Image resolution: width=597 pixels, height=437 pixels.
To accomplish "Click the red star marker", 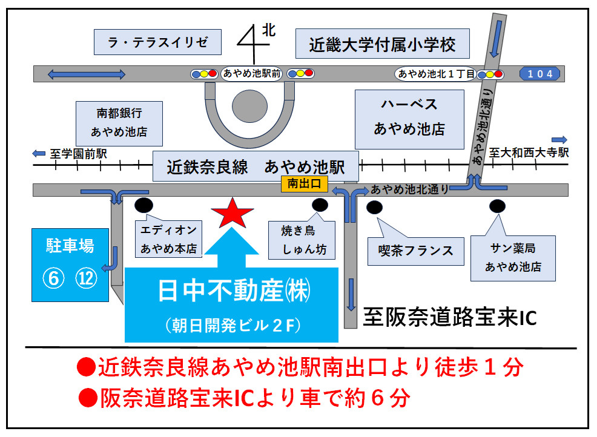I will pos(232,212).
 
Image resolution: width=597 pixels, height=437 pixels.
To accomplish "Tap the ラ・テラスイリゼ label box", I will pos(157,42).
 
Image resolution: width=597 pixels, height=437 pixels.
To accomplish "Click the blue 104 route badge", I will pos(539,74).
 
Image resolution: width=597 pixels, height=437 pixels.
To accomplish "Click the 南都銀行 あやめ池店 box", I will pos(119,122).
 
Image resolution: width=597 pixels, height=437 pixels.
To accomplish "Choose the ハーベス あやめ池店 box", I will pos(409,117).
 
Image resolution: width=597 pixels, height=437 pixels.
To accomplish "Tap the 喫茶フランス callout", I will pos(411,251).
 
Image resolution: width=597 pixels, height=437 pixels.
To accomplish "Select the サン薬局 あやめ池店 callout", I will pos(513,258).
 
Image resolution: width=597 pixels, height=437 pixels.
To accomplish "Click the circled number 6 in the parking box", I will pos(53,278).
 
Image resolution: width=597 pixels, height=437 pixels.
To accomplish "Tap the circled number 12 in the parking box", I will pos(87,278).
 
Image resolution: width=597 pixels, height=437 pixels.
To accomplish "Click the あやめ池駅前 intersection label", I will pos(251,74).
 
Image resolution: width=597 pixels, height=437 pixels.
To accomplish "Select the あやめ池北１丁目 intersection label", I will pos(435,74).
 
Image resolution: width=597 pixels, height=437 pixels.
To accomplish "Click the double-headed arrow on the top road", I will pos(86,74).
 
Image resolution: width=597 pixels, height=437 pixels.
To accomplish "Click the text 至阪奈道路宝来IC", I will pos(449,317).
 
